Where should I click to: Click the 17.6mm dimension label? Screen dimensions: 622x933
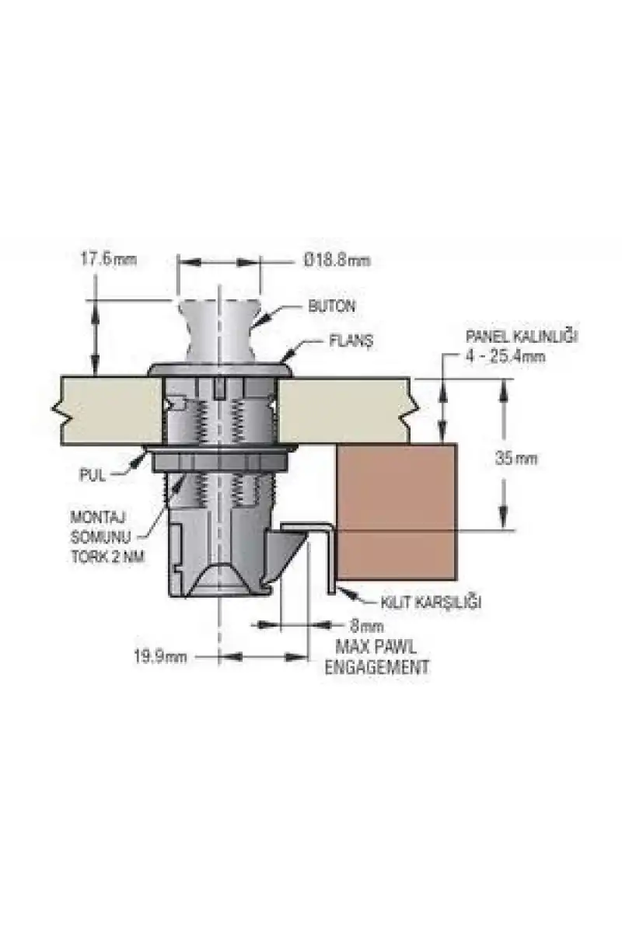108,259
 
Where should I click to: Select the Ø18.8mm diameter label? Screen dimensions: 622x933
337,260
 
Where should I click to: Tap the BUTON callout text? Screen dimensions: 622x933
332,306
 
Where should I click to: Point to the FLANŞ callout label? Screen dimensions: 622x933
351,341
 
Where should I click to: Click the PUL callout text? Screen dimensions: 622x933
93,476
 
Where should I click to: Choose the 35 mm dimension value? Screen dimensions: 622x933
516,459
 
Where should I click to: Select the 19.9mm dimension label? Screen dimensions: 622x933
160,657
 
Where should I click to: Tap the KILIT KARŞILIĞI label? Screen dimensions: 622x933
432,603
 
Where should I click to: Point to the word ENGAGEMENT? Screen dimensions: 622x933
376,667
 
